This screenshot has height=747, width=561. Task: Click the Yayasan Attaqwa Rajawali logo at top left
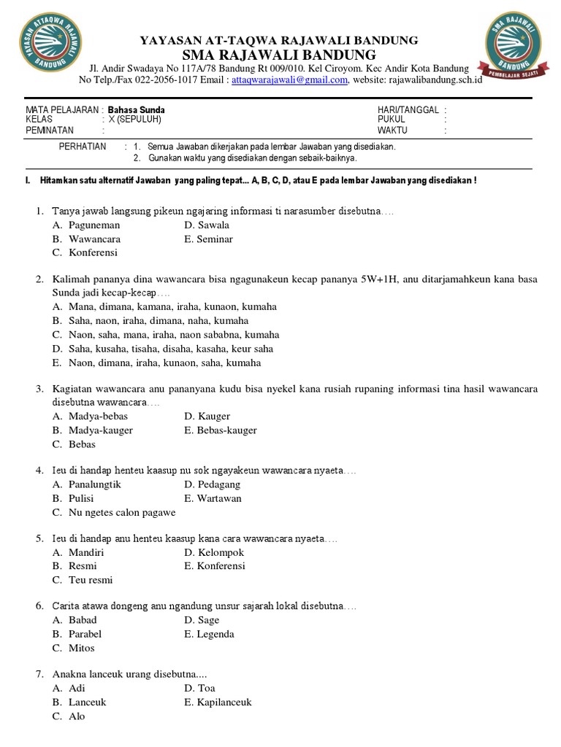[50, 42]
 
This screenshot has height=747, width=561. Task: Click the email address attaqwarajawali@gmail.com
[289, 80]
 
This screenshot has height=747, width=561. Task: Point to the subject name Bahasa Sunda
[137, 110]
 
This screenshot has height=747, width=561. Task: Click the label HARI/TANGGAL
[408, 110]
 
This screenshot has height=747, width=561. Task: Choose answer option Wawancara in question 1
[95, 239]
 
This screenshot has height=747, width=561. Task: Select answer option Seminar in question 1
[215, 239]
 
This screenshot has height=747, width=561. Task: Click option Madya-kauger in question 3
[101, 430]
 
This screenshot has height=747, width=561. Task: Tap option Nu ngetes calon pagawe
[122, 513]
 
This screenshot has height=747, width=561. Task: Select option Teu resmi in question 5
[91, 581]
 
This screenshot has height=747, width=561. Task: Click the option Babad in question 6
[83, 621]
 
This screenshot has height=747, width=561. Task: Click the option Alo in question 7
[77, 716]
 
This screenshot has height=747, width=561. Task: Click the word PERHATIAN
[83, 147]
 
